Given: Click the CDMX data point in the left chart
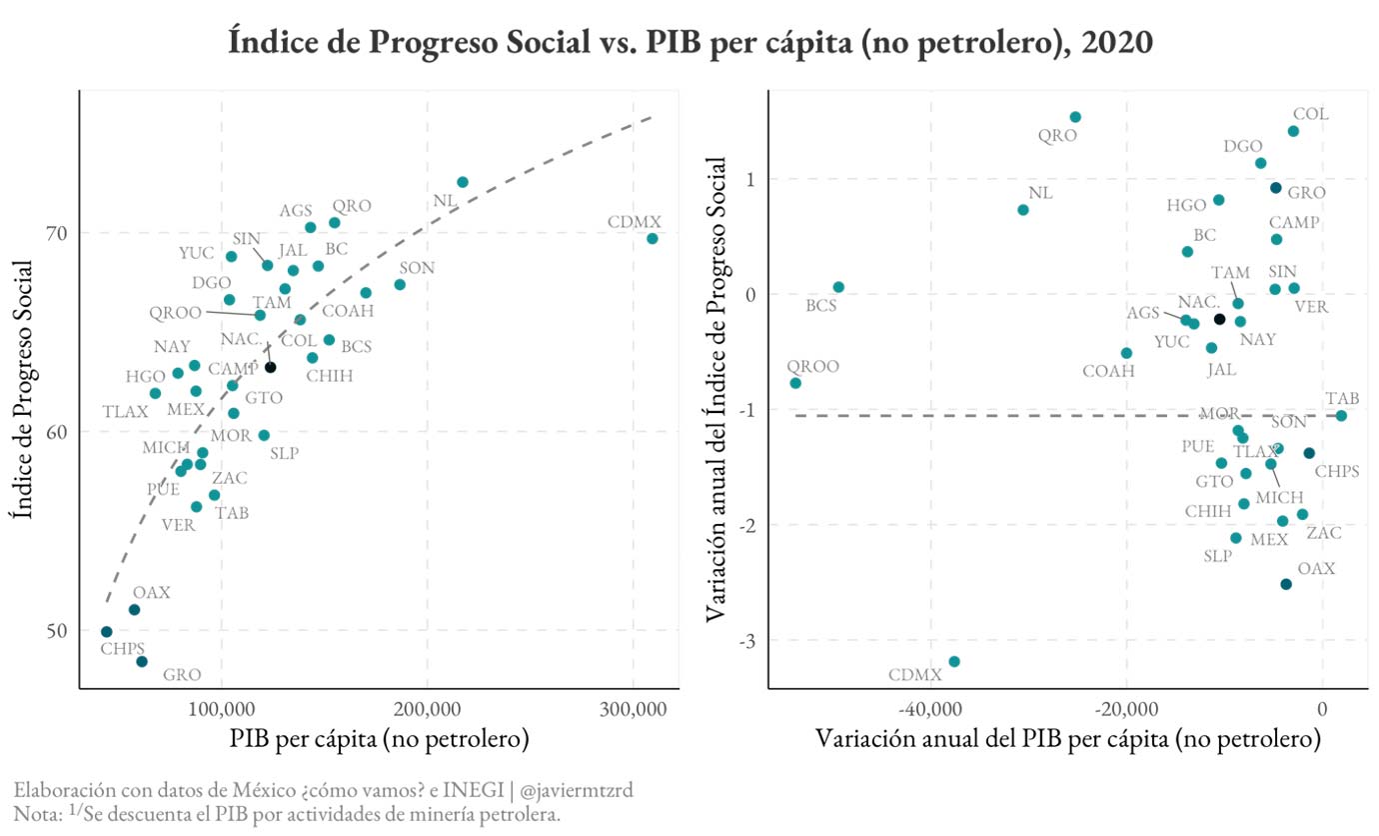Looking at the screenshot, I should pyautogui.click(x=652, y=239).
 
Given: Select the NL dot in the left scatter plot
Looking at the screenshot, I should pyautogui.click(x=463, y=182).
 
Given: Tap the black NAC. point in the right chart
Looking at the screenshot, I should pyautogui.click(x=1219, y=319).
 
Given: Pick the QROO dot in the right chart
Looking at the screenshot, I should pyautogui.click(x=795, y=383).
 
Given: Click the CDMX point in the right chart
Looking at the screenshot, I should pyautogui.click(x=954, y=662).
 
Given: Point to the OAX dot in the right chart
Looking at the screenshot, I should pyautogui.click(x=1286, y=584).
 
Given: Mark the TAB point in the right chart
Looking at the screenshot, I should pyautogui.click(x=1341, y=416).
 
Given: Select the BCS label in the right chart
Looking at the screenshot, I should pyautogui.click(x=821, y=306).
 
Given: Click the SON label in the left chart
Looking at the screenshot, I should pyautogui.click(x=417, y=268).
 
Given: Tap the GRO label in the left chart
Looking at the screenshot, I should pyautogui.click(x=182, y=675).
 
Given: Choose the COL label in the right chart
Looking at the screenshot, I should pyautogui.click(x=1310, y=114).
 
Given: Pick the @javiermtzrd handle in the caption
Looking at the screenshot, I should pyautogui.click(x=576, y=790).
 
